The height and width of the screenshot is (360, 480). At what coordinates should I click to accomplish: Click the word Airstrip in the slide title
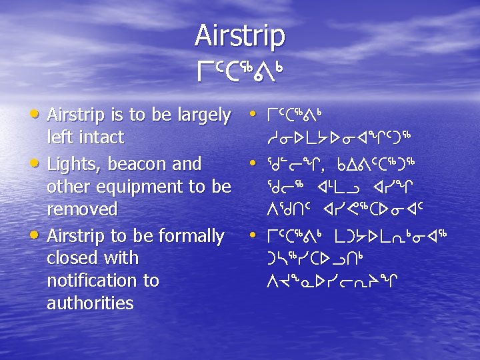click(x=240, y=35)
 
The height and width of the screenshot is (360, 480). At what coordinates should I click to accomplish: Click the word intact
click(x=99, y=137)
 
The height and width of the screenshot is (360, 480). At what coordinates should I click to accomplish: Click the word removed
click(x=82, y=209)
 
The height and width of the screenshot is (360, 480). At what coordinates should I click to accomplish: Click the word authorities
click(x=91, y=303)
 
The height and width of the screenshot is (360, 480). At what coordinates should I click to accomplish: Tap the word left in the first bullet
click(x=58, y=137)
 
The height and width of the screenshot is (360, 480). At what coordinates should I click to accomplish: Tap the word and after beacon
click(x=187, y=163)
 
